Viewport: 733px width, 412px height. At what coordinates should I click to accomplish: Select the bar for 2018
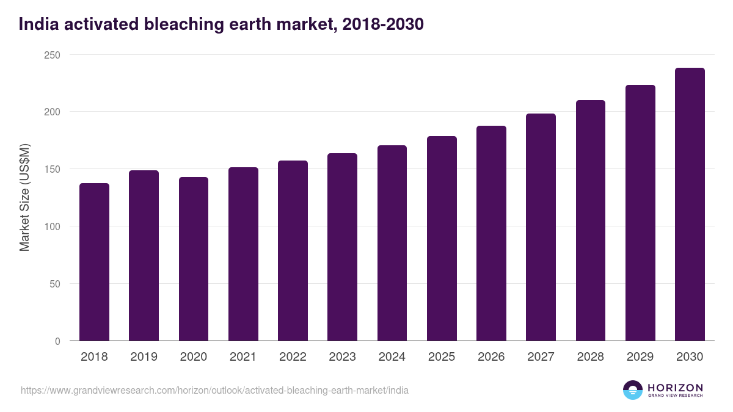[x=94, y=262]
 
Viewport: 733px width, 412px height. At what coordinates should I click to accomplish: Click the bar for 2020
[x=194, y=259]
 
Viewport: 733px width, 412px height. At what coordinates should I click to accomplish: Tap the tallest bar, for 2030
[x=690, y=204]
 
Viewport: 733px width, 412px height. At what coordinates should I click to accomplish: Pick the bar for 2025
[x=442, y=239]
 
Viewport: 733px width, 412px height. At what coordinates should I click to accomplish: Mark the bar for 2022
[x=293, y=251]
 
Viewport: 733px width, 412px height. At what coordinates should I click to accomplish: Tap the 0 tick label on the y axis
[x=57, y=341]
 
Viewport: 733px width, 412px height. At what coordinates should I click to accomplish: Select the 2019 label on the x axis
[x=144, y=357]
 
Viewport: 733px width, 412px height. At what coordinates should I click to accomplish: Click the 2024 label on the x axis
[x=392, y=357]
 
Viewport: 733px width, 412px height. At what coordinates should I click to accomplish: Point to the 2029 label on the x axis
[x=640, y=357]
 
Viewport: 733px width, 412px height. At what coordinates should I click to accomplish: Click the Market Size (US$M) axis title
[x=24, y=198]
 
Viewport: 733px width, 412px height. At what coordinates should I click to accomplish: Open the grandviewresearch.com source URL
[x=214, y=390]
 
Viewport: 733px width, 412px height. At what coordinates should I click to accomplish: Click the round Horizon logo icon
[x=633, y=390]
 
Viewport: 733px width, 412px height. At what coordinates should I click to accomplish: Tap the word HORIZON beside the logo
[x=675, y=387]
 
